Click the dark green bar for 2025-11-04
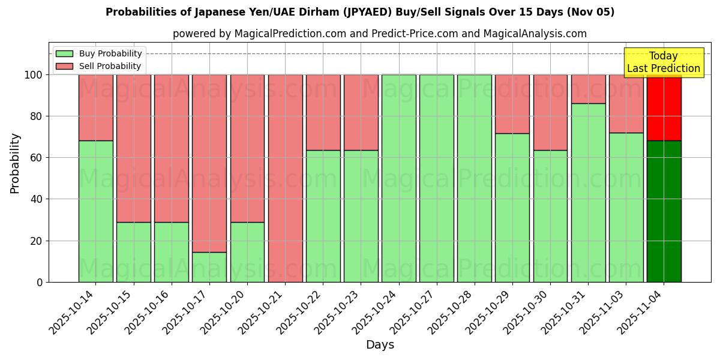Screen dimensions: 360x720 coord(664,211)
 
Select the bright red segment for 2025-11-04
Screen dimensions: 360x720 coord(664,108)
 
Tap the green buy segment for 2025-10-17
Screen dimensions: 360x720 coord(209,267)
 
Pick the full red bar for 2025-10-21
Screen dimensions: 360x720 coord(285,178)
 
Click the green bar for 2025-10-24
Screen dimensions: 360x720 coord(398,178)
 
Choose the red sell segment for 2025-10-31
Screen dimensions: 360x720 coord(588,89)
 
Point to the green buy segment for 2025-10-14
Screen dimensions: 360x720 coord(95,211)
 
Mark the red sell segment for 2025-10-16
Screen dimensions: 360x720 coord(172,148)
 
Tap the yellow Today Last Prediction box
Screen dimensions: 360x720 coord(663,62)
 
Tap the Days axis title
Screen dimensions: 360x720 coord(380,345)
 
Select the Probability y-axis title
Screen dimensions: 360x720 coord(15,163)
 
